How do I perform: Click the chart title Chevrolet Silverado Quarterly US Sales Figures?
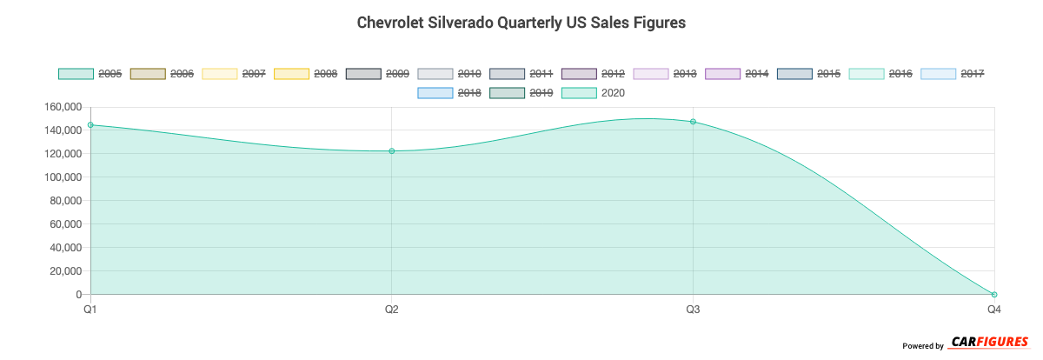[521, 23]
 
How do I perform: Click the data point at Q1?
[90, 125]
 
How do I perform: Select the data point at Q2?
[392, 151]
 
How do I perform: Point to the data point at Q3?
[693, 122]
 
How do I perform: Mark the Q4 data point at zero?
[994, 295]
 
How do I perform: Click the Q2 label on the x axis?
[392, 310]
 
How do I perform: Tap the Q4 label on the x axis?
[993, 310]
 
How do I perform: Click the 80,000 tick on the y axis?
[63, 201]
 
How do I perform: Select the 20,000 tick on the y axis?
[63, 271]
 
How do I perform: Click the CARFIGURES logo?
[990, 343]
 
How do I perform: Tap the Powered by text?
[923, 346]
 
